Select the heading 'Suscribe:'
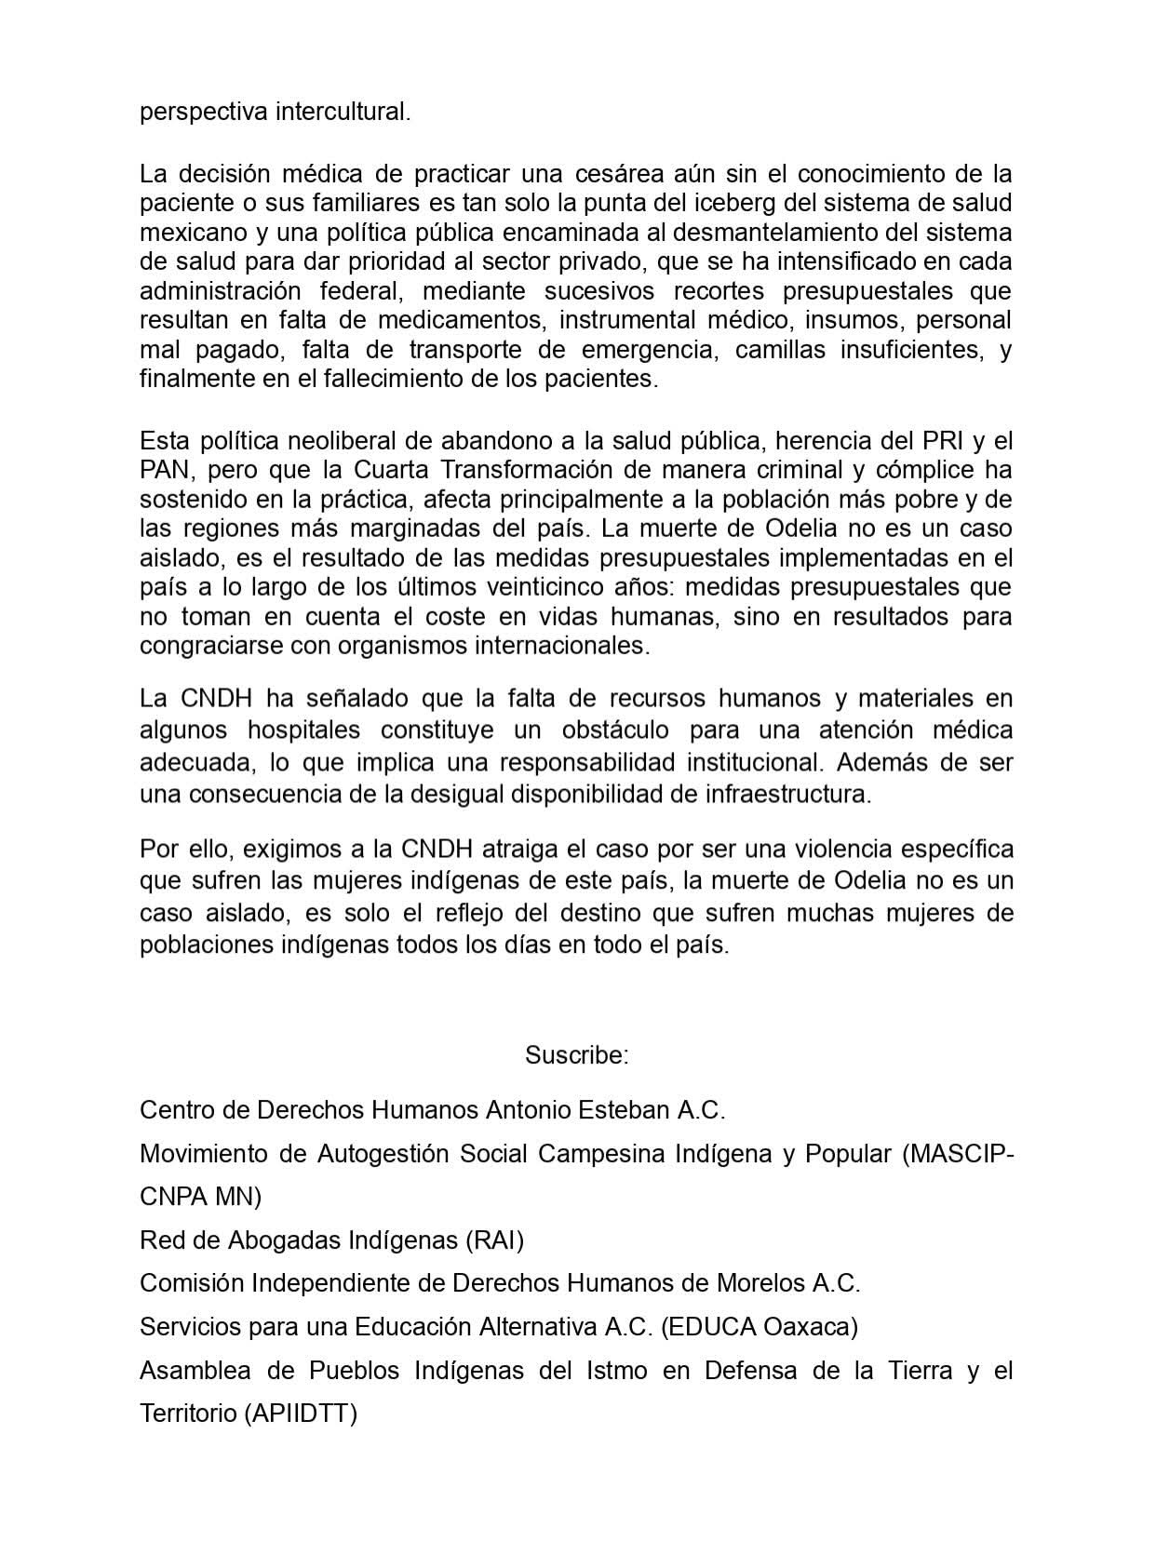coord(577,1054)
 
